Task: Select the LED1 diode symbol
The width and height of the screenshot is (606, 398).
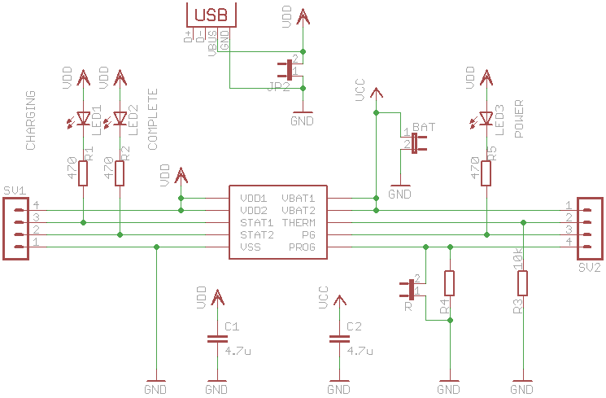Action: pyautogui.click(x=83, y=119)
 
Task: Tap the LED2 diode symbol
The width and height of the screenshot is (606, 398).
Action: pyautogui.click(x=120, y=119)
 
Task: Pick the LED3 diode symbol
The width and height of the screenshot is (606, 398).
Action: pyautogui.click(x=486, y=119)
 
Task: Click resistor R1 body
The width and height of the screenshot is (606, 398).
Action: pyautogui.click(x=83, y=173)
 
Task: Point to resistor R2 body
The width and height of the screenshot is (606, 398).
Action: pyautogui.click(x=120, y=173)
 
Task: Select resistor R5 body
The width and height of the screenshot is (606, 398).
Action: pyautogui.click(x=486, y=173)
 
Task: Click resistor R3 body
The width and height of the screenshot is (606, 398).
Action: pyautogui.click(x=522, y=283)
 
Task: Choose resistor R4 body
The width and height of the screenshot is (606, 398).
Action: pyautogui.click(x=449, y=283)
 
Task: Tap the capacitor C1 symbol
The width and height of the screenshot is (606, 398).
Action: pyautogui.click(x=216, y=339)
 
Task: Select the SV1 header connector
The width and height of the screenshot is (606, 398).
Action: pyautogui.click(x=16, y=228)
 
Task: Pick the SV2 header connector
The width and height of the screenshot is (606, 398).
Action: pyautogui.click(x=590, y=228)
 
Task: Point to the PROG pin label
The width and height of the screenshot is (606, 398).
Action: pyautogui.click(x=300, y=247)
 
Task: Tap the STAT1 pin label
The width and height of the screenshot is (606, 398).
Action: pyautogui.click(x=255, y=222)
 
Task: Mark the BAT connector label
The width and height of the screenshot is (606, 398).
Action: pyautogui.click(x=424, y=128)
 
